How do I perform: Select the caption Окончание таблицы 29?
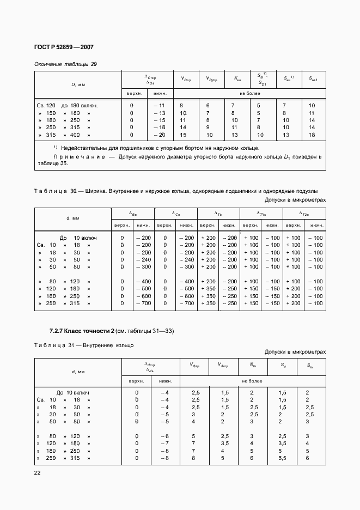(x=65, y=64)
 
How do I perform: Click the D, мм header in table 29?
(x=78, y=85)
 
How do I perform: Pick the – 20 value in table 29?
(x=159, y=135)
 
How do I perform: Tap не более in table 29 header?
(x=249, y=93)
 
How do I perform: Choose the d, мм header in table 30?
(x=72, y=218)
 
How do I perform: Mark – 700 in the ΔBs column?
(x=143, y=303)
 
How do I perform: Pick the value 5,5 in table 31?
(x=282, y=458)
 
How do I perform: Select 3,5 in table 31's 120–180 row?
(x=224, y=444)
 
